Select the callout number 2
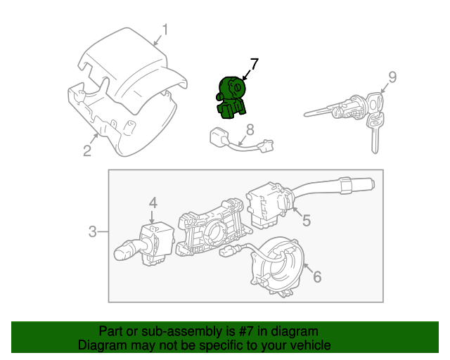86,150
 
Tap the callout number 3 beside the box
93,231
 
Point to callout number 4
153,203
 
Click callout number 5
306,221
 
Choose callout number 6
316,277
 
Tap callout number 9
392,76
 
